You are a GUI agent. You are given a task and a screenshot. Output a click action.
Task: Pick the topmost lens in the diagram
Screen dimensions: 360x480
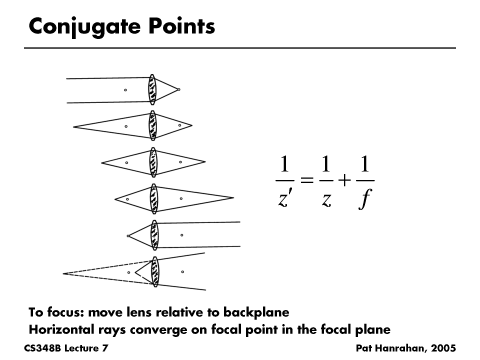click(152, 90)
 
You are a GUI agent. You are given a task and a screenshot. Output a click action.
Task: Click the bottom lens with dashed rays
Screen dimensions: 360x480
click(155, 271)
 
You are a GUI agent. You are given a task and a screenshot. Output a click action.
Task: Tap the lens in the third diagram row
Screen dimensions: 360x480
click(153, 162)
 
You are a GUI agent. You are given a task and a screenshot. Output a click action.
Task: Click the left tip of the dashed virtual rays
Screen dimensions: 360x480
click(63, 273)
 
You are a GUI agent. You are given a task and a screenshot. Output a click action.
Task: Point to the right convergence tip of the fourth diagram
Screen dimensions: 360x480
click(233, 197)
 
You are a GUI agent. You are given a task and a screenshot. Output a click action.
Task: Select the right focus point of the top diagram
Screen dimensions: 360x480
click(179, 89)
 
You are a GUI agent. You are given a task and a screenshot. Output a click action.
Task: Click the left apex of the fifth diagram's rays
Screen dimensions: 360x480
click(128, 235)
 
